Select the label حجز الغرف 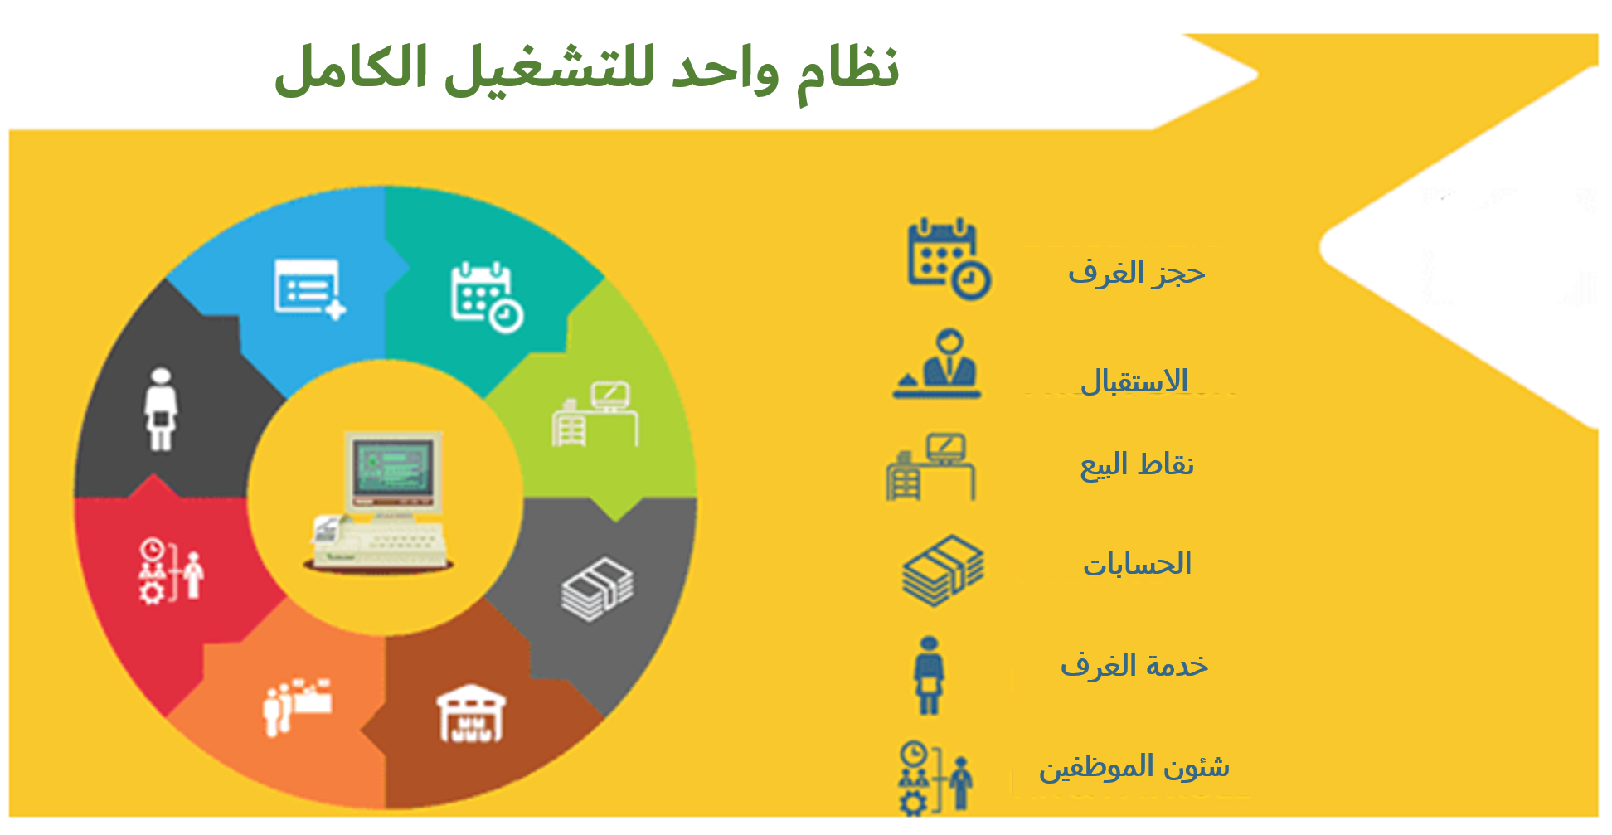click(x=1136, y=273)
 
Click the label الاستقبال click(x=1134, y=381)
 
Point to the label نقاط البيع click(x=1137, y=465)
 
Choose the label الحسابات click(x=1137, y=564)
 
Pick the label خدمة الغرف click(x=1134, y=665)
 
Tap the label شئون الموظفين click(x=1134, y=767)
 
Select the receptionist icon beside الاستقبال click(x=937, y=364)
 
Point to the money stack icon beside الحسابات click(x=943, y=570)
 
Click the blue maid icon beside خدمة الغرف click(x=929, y=675)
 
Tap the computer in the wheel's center click(x=381, y=501)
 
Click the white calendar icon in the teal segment click(x=487, y=297)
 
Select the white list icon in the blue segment click(x=309, y=288)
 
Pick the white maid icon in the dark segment click(x=161, y=410)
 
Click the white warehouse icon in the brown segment click(x=471, y=713)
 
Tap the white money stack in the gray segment click(x=597, y=589)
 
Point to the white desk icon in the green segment click(x=595, y=414)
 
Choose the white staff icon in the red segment click(x=171, y=570)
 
